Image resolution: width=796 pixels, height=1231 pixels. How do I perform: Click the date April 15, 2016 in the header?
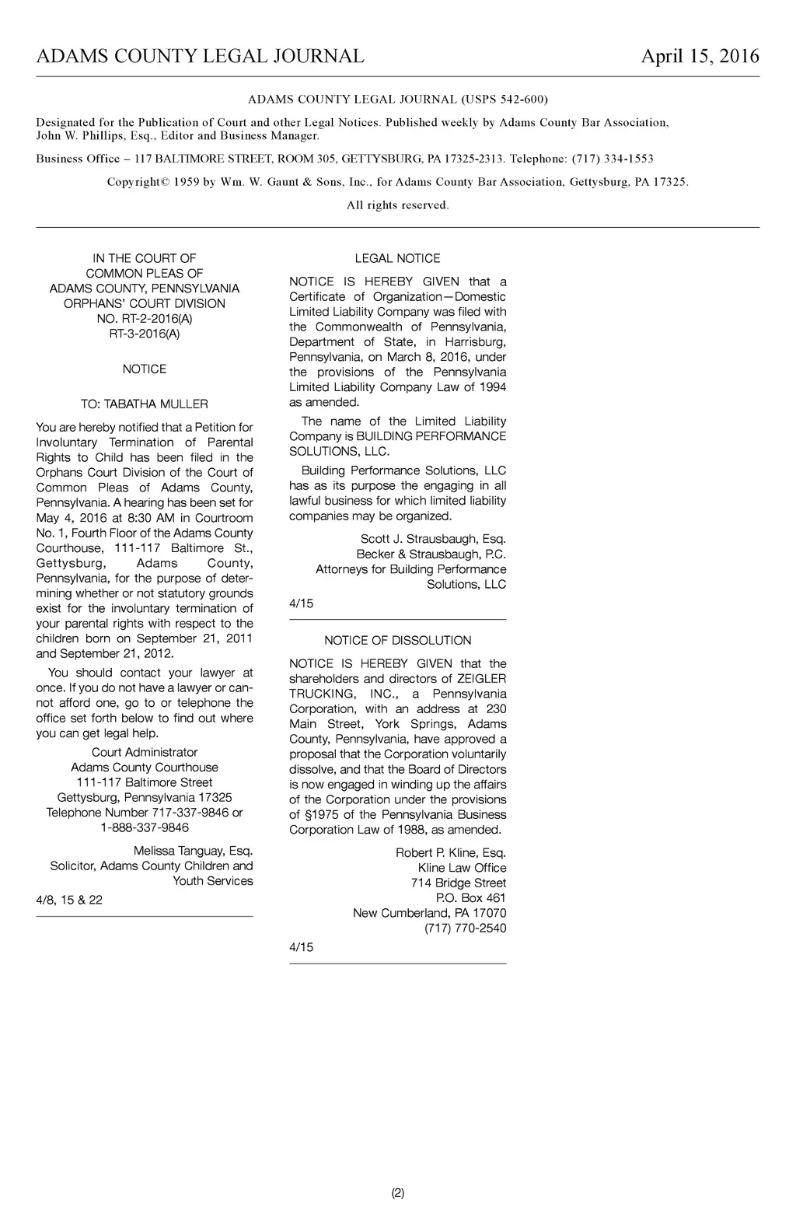[x=700, y=57]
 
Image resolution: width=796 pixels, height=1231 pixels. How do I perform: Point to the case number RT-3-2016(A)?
[x=145, y=334]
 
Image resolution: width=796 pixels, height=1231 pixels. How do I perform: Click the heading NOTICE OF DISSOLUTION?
[x=397, y=641]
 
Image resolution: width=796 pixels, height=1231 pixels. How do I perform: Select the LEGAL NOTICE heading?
[x=397, y=259]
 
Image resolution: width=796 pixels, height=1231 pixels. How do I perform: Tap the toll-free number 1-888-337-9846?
[x=145, y=828]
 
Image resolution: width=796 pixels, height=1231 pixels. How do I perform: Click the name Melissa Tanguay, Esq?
[x=193, y=852]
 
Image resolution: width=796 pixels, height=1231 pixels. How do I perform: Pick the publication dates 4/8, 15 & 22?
[x=69, y=901]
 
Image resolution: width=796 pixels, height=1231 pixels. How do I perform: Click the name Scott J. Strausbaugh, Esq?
[x=433, y=540]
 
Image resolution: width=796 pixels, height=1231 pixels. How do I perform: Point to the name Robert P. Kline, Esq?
[x=451, y=853]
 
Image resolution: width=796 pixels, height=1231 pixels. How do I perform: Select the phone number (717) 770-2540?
[x=465, y=928]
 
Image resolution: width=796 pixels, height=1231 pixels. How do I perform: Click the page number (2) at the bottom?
[x=397, y=1193]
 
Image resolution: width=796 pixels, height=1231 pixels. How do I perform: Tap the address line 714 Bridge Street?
[x=459, y=883]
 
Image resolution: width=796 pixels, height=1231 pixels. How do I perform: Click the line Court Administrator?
[x=145, y=753]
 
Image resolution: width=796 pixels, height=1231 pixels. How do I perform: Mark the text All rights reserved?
[x=397, y=205]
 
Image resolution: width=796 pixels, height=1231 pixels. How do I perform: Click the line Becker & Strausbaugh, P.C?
[x=431, y=554]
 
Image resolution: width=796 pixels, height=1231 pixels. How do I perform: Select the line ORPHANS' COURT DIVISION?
[x=145, y=304]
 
